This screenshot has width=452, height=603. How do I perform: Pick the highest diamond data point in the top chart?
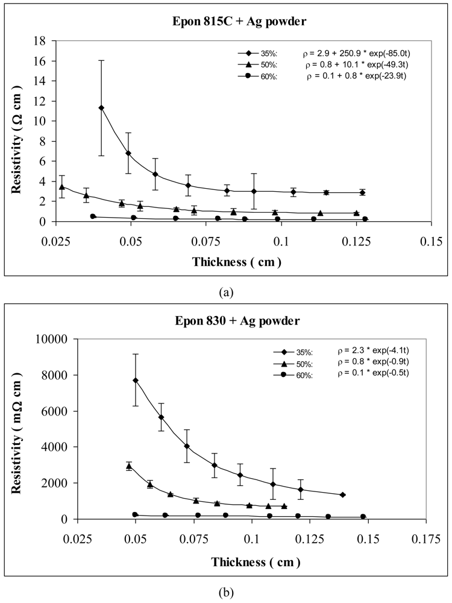pos(101,108)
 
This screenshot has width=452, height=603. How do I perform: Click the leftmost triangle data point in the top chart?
pos(61,187)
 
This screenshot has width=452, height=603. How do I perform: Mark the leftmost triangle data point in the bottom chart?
pos(129,466)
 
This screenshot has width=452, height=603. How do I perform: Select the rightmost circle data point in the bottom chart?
pos(363,517)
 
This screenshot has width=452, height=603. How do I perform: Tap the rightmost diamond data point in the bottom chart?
pos(343,494)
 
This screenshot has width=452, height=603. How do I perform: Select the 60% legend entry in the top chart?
pos(252,76)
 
